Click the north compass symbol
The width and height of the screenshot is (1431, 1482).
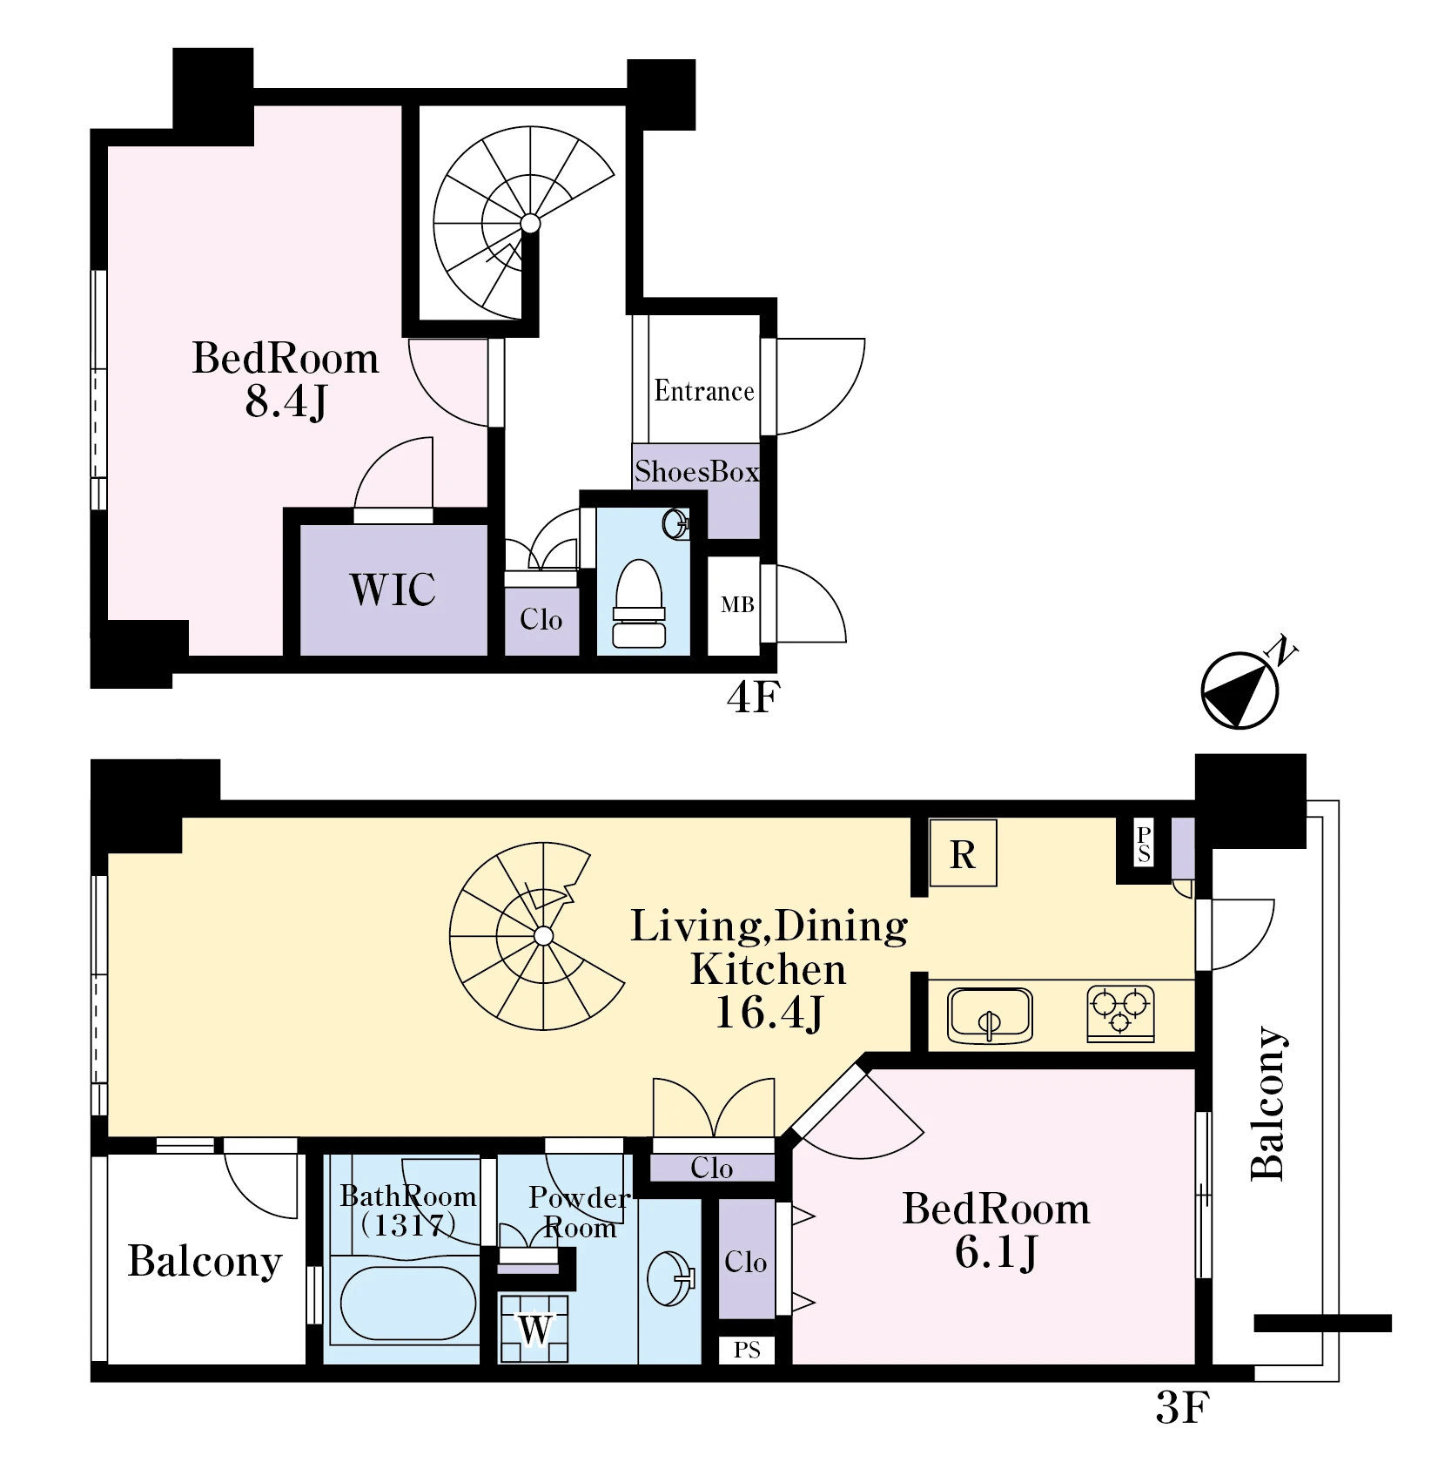[x=1240, y=690]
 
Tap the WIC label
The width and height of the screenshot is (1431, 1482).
[x=393, y=589]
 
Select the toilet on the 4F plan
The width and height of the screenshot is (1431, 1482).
[x=639, y=603]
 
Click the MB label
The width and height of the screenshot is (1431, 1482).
[x=737, y=604]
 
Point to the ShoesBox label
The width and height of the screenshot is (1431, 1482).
[x=696, y=471]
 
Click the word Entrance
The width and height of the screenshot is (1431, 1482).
[x=704, y=390]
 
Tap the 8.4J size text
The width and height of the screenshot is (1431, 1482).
[x=286, y=401]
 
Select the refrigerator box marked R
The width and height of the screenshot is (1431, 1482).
[x=963, y=853]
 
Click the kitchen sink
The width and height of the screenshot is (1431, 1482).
[x=990, y=1015]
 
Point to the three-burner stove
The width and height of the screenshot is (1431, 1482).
[x=1121, y=1014]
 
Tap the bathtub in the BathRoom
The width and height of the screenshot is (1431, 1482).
[x=408, y=1303]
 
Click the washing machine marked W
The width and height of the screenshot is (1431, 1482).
[x=534, y=1329]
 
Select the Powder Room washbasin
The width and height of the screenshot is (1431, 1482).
[x=671, y=1279]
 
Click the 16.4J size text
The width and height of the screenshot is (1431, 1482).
[x=769, y=1013]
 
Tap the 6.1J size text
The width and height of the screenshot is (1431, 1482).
[x=996, y=1253]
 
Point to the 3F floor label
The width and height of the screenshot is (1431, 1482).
[x=1182, y=1408]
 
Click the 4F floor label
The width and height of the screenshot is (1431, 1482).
[x=753, y=697]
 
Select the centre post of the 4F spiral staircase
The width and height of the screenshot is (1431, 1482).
[x=530, y=224]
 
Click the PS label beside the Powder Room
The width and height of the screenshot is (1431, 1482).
[x=747, y=1351]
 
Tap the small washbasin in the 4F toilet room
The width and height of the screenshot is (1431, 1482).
[x=675, y=523]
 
